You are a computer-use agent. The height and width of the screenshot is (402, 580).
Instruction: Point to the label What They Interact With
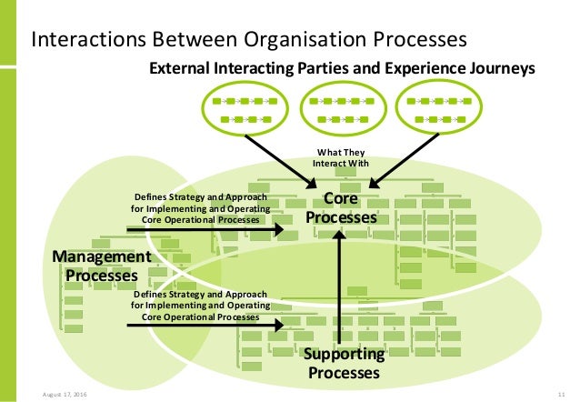(x=344, y=157)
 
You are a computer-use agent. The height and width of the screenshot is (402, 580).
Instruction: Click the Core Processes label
(x=340, y=207)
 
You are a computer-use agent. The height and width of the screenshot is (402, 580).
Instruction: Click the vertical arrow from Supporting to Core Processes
(x=339, y=291)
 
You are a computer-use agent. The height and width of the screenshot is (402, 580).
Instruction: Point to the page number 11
(x=551, y=392)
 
